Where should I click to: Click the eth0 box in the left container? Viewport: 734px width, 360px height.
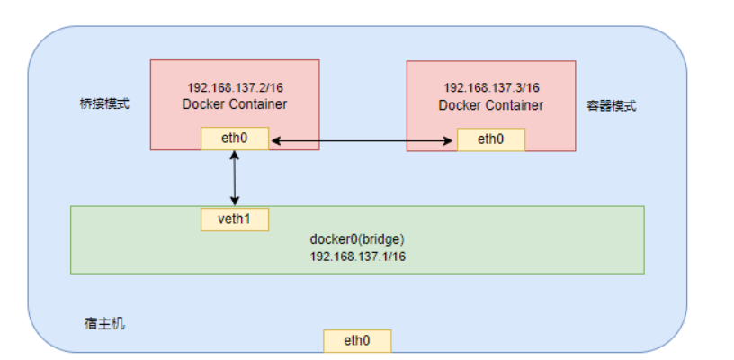(235, 139)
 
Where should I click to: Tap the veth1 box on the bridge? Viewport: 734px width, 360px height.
(235, 219)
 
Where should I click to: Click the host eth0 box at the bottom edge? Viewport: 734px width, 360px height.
(357, 340)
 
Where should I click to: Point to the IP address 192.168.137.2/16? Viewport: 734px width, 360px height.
(234, 88)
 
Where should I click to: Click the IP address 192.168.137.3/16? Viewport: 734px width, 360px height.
(490, 88)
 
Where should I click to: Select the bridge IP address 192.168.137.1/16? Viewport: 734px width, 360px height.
(357, 256)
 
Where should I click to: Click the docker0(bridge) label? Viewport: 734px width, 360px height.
(357, 239)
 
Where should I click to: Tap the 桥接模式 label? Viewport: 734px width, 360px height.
(104, 103)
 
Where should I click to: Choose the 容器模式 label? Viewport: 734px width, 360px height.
(613, 105)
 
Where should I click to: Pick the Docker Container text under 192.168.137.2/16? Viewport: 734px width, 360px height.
(234, 104)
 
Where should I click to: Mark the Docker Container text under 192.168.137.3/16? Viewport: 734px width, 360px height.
(490, 105)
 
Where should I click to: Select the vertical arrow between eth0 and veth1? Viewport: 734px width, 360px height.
(235, 178)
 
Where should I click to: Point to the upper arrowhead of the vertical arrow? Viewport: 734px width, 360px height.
(235, 155)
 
